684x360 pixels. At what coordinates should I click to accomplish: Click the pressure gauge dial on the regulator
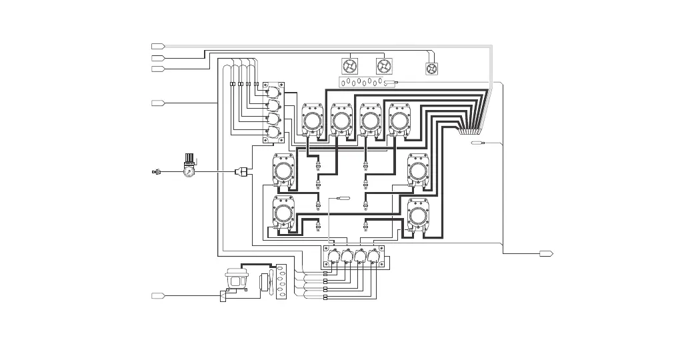tap(189, 171)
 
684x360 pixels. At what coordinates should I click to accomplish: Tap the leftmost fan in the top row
tap(351, 66)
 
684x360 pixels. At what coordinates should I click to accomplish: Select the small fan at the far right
tap(432, 69)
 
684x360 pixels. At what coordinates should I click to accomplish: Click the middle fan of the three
tap(384, 66)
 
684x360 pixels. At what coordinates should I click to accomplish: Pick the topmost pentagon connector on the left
tap(157, 46)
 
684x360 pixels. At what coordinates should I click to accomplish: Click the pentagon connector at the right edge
tap(546, 253)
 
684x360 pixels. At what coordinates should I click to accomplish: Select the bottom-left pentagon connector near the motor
tap(157, 295)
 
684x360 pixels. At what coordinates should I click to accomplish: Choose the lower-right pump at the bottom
tap(419, 216)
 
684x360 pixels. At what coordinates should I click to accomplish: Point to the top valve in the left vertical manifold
tap(273, 94)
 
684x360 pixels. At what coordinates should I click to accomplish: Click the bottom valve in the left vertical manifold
tap(273, 131)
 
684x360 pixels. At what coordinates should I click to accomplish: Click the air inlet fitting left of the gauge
tap(157, 172)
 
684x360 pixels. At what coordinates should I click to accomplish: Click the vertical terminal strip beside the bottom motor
tap(281, 285)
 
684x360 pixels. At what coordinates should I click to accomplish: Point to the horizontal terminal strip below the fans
tap(363, 82)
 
